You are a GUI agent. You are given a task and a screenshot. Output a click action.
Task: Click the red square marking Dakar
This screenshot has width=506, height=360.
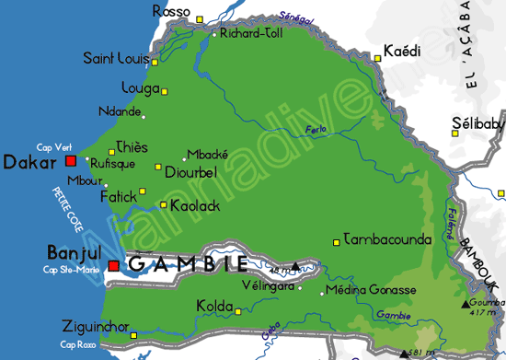tap(71, 160)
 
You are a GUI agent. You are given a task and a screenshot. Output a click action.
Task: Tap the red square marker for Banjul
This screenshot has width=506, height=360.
tap(113, 266)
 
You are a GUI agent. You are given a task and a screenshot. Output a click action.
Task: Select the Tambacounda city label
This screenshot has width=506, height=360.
tap(386, 239)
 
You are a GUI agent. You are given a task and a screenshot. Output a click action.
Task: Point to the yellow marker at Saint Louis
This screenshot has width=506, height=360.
tap(155, 63)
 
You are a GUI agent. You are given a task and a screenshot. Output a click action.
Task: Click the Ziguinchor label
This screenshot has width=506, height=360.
tap(95, 326)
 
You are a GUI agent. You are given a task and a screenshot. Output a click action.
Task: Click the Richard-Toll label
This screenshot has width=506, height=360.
tap(251, 33)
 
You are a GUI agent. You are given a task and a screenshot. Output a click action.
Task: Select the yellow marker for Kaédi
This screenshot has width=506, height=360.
tap(377, 59)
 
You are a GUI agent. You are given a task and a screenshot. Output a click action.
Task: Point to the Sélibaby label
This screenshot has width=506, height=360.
tap(477, 123)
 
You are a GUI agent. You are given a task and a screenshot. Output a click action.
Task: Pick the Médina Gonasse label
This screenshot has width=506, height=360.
tap(373, 290)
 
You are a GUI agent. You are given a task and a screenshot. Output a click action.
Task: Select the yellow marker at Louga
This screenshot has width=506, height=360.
tap(165, 91)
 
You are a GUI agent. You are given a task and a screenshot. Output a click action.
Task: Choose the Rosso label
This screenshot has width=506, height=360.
tap(171, 11)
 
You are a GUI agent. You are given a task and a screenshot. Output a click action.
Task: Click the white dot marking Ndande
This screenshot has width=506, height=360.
tap(144, 116)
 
